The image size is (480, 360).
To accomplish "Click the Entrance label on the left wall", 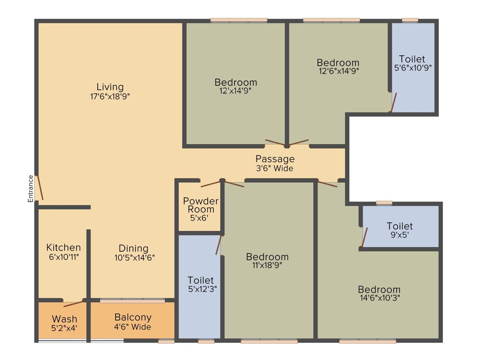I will [x=30, y=188].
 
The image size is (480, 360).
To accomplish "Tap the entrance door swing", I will [x=40, y=188].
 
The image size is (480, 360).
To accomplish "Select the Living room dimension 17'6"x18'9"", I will [x=110, y=97].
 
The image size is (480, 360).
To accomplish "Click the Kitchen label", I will [x=63, y=247].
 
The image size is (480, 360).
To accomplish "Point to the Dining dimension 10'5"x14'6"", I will [x=133, y=257].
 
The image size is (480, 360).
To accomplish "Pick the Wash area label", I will [x=64, y=320].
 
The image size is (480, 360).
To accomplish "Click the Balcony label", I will [x=133, y=318].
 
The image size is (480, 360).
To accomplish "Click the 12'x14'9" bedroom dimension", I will [x=236, y=91].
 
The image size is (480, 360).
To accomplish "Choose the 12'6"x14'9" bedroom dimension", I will [x=338, y=71].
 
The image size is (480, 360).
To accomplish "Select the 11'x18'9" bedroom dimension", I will [x=267, y=265].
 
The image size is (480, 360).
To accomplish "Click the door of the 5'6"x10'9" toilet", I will [x=393, y=102].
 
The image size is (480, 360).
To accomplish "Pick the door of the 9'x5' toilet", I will [x=364, y=237].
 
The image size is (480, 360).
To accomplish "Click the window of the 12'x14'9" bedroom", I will [x=239, y=20].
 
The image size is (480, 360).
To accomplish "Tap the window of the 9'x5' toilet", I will [x=384, y=203].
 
